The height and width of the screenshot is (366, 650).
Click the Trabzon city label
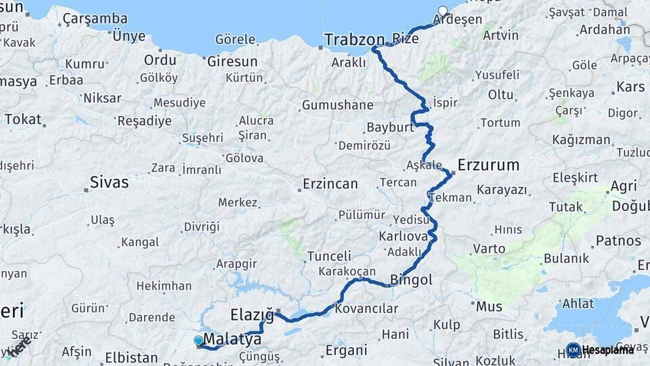click(x=354, y=39)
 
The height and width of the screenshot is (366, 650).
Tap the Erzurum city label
click(x=488, y=165)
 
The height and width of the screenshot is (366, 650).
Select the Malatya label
click(x=232, y=338)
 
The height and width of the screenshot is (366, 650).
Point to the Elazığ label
click(x=252, y=314)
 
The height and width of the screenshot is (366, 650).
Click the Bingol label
click(x=412, y=279)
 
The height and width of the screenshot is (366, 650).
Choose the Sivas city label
click(x=109, y=182)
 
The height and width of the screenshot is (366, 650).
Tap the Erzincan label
click(x=330, y=184)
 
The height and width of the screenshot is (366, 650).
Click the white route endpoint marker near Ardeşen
click(x=443, y=11)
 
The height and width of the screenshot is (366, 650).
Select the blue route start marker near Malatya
click(x=198, y=340)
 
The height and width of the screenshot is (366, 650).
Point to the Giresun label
click(x=232, y=61)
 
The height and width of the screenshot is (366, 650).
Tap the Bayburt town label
click(x=390, y=127)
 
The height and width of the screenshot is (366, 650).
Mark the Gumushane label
click(x=337, y=105)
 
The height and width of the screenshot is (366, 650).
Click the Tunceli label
click(x=329, y=256)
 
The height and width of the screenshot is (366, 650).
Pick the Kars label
click(x=630, y=87)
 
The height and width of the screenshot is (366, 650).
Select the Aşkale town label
click(x=424, y=165)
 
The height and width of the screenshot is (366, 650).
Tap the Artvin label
click(x=500, y=35)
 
